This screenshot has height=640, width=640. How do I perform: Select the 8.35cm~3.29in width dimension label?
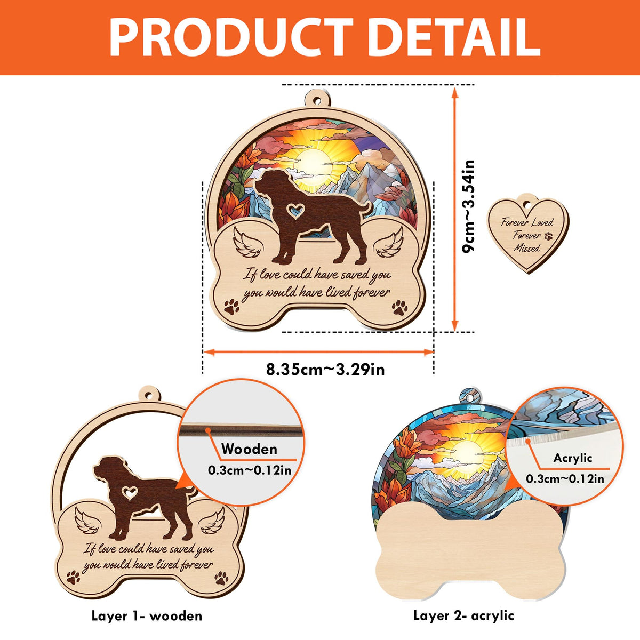pos(325,369)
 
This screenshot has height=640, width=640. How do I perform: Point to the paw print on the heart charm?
pos(549,236)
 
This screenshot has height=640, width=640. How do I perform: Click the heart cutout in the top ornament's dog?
pos(296,210)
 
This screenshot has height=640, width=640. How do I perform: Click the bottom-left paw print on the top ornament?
pos(231,307)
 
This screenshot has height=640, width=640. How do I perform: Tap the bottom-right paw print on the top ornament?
pos(400,308)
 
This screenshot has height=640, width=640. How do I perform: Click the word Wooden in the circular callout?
pos(249,449)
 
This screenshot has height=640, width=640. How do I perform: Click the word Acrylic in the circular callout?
pos(572,458)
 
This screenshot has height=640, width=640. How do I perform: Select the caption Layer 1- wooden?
pos(147,606)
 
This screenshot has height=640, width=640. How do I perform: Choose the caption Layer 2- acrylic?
pos(463,606)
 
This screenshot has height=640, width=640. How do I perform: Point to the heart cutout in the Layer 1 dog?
pos(130,493)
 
